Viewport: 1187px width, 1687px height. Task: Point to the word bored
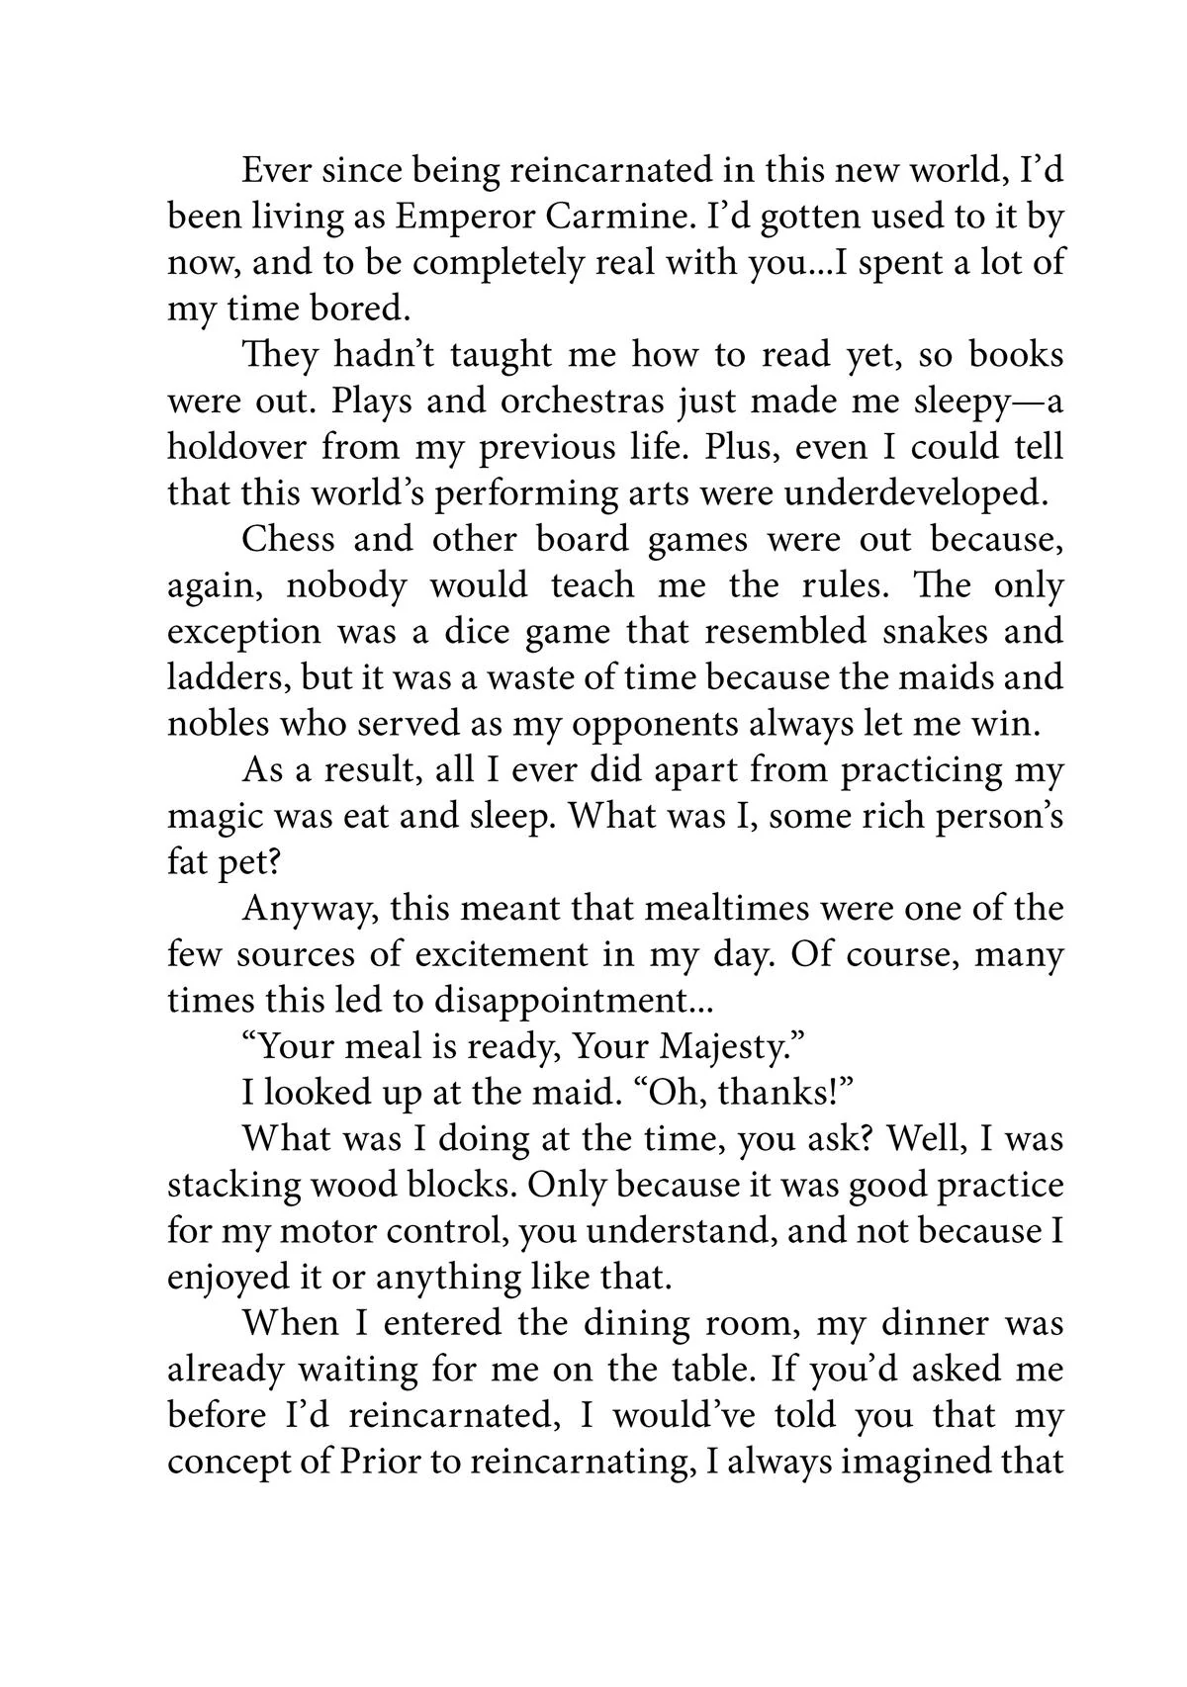(x=359, y=310)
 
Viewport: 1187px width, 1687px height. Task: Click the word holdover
(x=234, y=447)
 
